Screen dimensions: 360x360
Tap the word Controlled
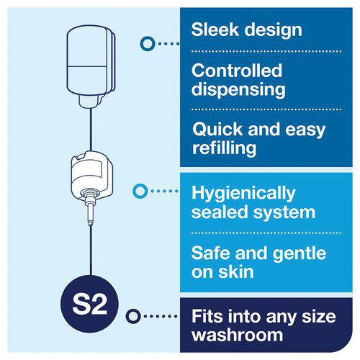237,71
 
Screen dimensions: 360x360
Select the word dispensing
238,90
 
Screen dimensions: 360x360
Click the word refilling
224,148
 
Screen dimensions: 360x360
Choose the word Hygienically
243,194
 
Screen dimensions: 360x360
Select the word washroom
237,335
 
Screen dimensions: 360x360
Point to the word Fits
207,316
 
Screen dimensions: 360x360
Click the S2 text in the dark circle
89,305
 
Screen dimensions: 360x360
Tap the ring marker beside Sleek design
147,44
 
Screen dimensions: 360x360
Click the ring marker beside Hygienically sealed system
140,191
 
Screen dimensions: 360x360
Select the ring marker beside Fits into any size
132,316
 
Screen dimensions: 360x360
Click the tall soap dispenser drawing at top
91,67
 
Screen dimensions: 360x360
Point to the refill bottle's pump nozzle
90,208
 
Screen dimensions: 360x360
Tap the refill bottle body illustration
91,174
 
